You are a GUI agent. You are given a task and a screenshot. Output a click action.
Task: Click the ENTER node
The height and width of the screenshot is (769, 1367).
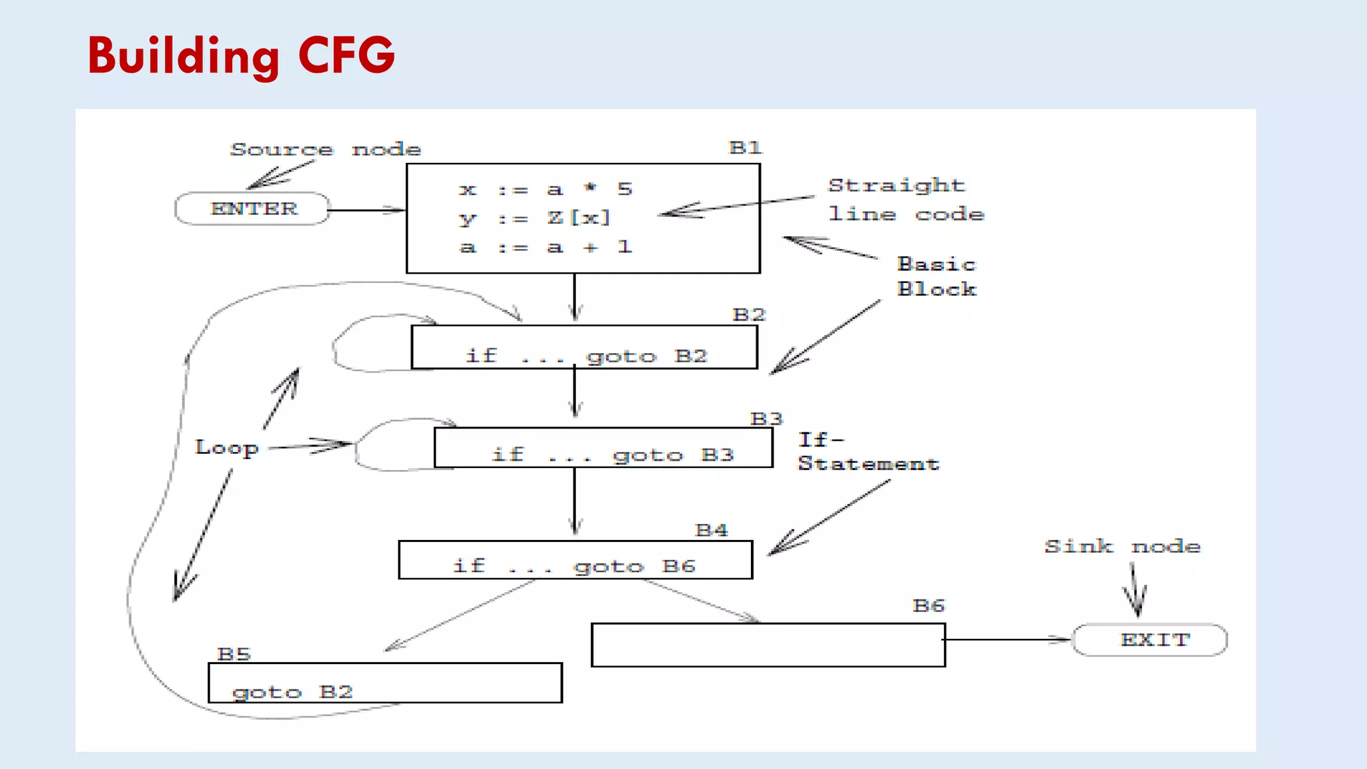[x=252, y=209]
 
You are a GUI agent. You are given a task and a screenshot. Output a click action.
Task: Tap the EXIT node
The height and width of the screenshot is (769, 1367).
[x=1150, y=639]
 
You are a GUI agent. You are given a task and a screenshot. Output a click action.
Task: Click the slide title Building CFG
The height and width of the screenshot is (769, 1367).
[x=241, y=56]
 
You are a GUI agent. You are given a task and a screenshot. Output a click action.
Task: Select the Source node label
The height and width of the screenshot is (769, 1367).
[x=325, y=150]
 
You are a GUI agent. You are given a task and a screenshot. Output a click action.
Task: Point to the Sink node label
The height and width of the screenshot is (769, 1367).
[x=1122, y=547]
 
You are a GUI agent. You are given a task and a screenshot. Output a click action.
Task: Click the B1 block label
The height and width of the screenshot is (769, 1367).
[x=745, y=148]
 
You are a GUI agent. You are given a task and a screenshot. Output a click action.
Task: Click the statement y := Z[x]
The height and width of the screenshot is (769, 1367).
[x=535, y=218]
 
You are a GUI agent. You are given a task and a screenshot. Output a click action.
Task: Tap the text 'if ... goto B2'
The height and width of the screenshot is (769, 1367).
[x=585, y=356]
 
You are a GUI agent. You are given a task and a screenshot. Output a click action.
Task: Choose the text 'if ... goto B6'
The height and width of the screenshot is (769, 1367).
[x=573, y=567]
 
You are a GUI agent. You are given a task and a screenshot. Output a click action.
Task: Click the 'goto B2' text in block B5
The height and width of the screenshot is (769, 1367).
[x=292, y=692]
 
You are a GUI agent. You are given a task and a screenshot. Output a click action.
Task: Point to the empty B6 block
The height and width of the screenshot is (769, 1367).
[x=768, y=645]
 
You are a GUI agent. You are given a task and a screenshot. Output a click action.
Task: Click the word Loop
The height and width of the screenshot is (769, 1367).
[x=227, y=447]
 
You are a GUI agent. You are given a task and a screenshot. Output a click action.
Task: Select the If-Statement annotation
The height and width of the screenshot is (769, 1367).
[x=867, y=452]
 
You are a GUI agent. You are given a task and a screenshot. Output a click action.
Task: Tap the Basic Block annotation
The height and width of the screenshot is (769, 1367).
[x=936, y=277]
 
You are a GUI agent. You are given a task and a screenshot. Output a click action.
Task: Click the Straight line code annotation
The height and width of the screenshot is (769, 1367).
[x=905, y=200]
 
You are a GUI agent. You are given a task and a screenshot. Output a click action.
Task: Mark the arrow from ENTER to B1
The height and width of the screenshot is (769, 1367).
[x=366, y=210]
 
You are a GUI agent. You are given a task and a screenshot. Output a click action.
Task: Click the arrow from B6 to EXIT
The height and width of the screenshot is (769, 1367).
[x=1008, y=639]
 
